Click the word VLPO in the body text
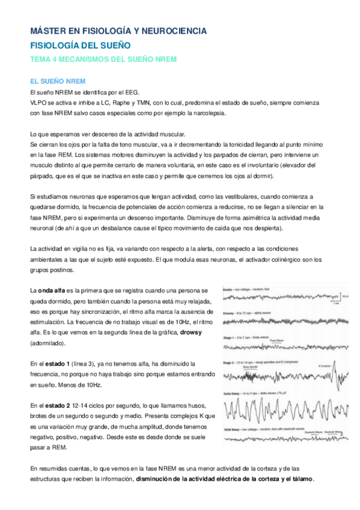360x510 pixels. [38, 102]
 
